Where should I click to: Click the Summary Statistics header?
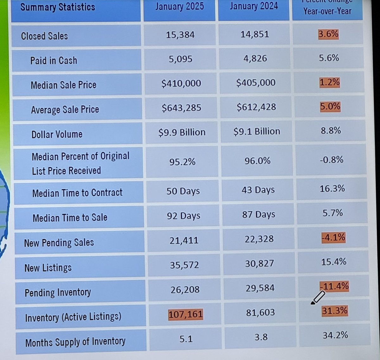[58, 7]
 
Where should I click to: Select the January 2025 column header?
[180, 6]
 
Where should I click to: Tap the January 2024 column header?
[254, 6]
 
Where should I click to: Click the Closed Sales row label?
[44, 36]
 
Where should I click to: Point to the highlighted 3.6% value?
[328, 34]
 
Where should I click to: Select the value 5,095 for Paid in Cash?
[180, 59]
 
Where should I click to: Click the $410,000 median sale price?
[181, 83]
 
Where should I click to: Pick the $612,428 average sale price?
[256, 107]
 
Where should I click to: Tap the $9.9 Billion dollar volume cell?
[182, 132]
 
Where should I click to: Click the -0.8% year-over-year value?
[331, 160]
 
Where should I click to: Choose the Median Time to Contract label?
[77, 193]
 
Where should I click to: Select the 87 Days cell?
[259, 215]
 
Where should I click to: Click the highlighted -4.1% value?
[333, 237]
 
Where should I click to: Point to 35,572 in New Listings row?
[184, 265]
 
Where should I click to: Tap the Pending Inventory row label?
[58, 292]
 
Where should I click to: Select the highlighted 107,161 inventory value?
[186, 314]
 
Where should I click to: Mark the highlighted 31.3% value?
[335, 311]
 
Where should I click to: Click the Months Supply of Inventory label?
[75, 342]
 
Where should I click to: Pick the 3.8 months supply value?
[261, 337]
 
